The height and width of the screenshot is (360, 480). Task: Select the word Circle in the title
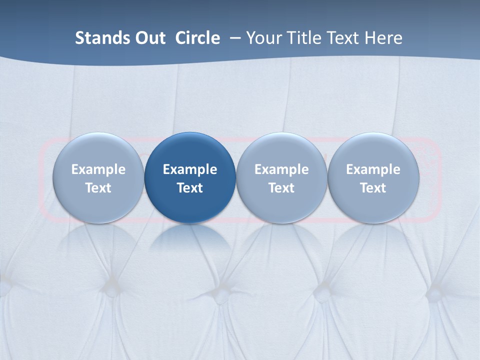pos(197,38)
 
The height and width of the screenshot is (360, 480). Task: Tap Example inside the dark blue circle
pos(190,169)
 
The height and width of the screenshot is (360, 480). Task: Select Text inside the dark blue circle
pos(190,188)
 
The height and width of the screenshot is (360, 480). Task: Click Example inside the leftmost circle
pos(98,169)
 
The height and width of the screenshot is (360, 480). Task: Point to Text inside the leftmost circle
pos(98,188)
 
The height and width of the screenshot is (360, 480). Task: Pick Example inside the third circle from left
pos(281,169)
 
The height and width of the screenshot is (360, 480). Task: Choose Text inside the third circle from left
pos(281,188)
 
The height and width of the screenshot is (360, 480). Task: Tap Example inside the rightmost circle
pos(373,169)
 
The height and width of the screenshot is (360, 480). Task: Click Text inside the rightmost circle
pos(373,188)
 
